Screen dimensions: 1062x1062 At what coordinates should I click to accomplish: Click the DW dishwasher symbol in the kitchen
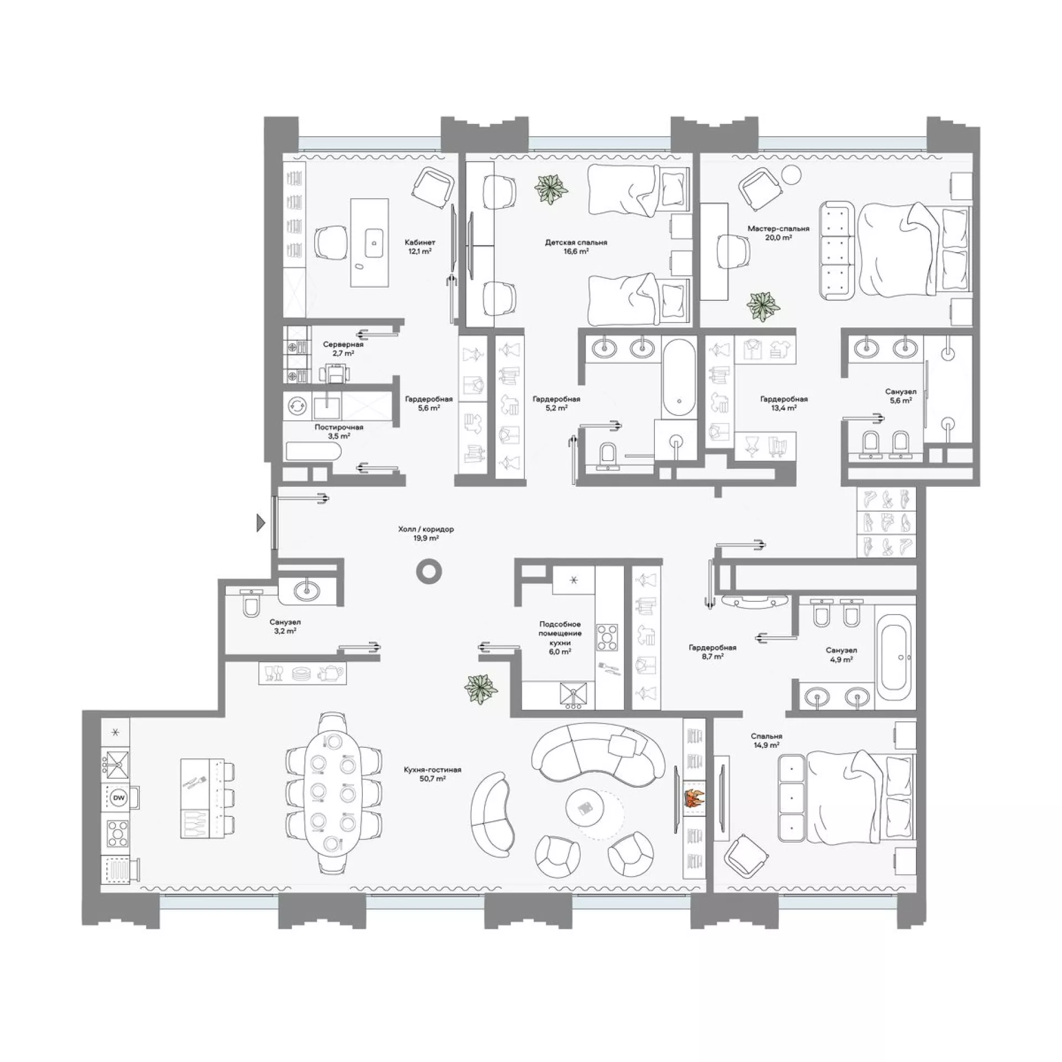(118, 797)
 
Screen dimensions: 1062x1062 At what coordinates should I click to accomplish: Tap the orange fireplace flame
(694, 798)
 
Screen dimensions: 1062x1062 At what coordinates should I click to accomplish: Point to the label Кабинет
(420, 242)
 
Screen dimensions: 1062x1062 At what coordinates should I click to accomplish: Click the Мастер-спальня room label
(778, 228)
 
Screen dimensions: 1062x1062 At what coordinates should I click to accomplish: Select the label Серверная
(343, 344)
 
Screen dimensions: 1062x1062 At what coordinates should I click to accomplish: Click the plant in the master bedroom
(763, 307)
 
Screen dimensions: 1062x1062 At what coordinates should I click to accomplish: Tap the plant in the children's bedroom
(551, 190)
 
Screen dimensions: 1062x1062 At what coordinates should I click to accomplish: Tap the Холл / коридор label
(426, 529)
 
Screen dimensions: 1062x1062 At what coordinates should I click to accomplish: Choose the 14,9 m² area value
(767, 745)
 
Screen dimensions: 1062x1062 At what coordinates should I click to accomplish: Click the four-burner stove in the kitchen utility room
(607, 638)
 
